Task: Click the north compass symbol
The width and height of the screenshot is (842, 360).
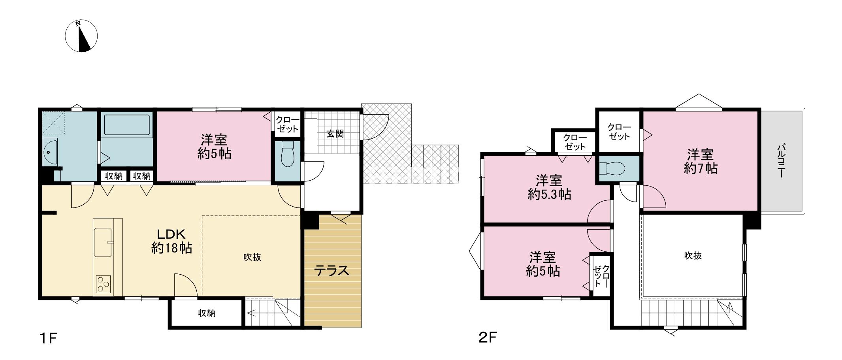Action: (81, 36)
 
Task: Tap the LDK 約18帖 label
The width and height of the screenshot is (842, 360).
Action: (172, 241)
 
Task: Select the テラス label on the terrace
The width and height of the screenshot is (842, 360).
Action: (332, 271)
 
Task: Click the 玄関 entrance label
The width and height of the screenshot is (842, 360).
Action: (335, 134)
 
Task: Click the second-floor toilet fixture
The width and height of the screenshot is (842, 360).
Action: (611, 169)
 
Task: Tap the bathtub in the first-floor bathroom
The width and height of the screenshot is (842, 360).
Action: (126, 125)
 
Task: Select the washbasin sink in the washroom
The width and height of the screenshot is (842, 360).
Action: (49, 152)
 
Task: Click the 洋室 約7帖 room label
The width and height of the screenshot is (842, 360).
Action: (701, 161)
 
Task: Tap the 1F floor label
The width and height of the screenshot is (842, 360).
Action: (48, 339)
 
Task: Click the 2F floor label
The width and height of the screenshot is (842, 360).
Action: (487, 338)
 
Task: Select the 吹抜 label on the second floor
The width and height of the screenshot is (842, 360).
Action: (693, 256)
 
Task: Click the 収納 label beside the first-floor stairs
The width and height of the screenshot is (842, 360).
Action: (206, 313)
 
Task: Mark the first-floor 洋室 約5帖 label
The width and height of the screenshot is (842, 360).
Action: (214, 147)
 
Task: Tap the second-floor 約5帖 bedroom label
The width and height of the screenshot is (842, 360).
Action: (543, 264)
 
